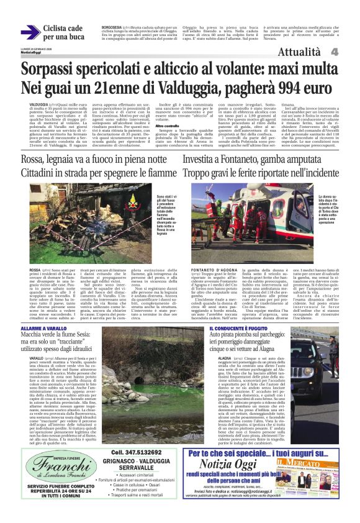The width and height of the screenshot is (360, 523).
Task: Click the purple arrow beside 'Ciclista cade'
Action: coord(30,32)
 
